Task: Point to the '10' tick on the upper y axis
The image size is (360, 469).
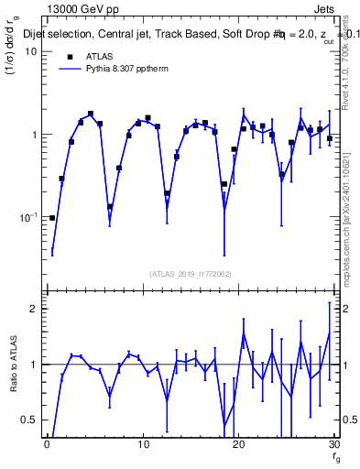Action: click(30, 51)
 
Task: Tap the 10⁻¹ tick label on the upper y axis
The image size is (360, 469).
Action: click(28, 217)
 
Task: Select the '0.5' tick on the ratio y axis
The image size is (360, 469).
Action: click(29, 420)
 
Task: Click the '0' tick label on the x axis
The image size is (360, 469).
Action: click(46, 445)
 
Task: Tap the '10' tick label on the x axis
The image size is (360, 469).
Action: click(142, 445)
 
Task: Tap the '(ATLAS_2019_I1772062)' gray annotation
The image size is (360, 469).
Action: click(191, 274)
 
